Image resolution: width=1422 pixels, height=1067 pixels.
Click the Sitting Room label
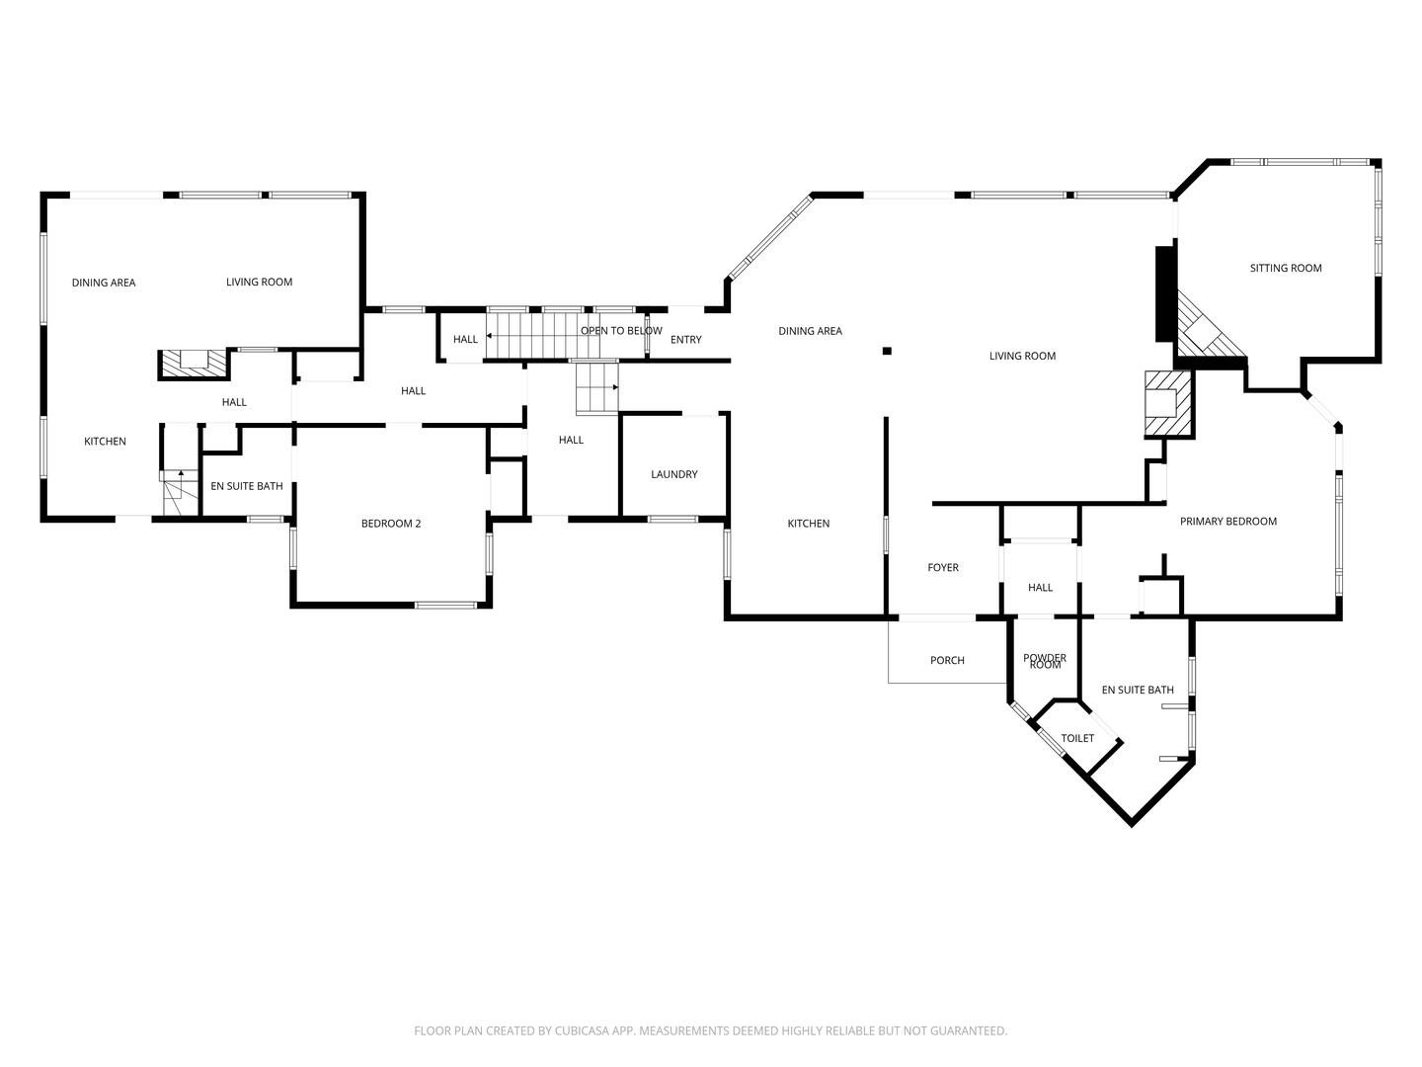click(x=1285, y=268)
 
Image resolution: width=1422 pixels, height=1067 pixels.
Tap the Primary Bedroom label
click(x=1227, y=522)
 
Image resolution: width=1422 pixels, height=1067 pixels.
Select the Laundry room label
click(x=673, y=474)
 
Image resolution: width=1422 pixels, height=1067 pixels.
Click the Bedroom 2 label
click(x=390, y=524)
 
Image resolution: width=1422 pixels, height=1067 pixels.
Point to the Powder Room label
click(x=1044, y=661)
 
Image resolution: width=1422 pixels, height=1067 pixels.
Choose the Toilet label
click(x=1076, y=738)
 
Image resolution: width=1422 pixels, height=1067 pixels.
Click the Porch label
click(x=946, y=660)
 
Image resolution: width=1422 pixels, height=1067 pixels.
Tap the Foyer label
click(x=942, y=567)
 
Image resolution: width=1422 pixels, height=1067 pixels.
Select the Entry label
click(x=685, y=340)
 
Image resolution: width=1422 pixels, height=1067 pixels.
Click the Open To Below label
click(x=620, y=331)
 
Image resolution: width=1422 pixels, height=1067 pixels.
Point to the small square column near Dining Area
click(x=887, y=350)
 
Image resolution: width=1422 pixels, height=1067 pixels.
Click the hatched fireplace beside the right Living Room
click(x=1168, y=403)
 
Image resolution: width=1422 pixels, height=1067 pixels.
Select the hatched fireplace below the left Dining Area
click(x=194, y=363)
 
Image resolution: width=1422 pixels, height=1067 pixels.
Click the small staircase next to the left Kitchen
click(x=174, y=492)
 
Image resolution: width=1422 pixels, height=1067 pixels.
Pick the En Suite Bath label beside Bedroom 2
click(x=247, y=486)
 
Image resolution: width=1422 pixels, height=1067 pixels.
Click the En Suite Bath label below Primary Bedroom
click(x=1137, y=690)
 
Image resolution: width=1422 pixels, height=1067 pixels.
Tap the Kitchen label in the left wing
click(x=104, y=442)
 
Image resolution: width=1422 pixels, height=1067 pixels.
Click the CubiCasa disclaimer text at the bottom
click(x=710, y=1030)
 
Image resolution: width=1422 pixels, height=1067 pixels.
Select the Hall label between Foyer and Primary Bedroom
click(x=1040, y=588)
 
